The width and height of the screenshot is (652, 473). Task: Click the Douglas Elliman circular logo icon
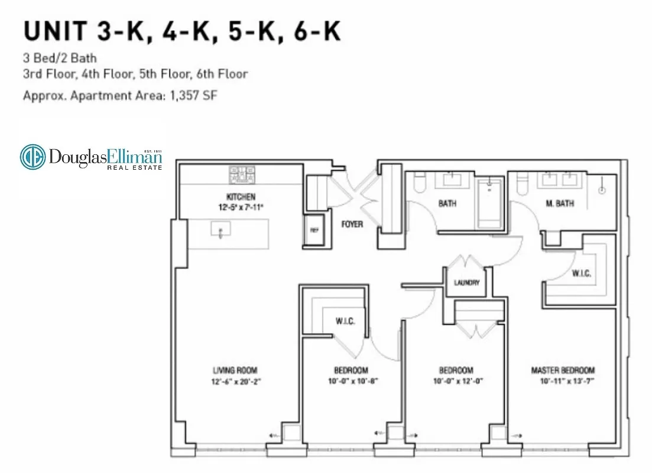coord(33,157)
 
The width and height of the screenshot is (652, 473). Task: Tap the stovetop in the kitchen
coord(242,174)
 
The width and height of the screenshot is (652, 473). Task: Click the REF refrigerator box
coord(314,231)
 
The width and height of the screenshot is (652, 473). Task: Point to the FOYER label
coord(352,225)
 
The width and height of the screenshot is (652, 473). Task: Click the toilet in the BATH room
coord(420,184)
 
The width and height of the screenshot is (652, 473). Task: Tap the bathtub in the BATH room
coord(488,205)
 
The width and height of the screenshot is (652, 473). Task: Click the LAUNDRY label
coord(466,283)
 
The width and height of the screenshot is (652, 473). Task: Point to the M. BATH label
coord(559,204)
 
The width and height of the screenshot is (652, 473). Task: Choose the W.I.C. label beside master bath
coord(581,274)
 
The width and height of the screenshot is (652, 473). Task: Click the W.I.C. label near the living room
coord(345,322)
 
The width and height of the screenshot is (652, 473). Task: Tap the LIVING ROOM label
coord(235,371)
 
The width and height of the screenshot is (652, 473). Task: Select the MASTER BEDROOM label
coord(562,371)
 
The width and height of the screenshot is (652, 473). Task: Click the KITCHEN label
coord(239,196)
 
